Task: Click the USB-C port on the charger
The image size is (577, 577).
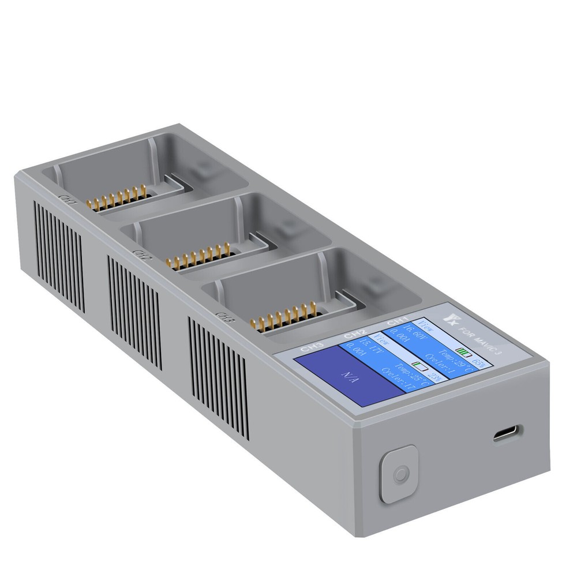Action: pyautogui.click(x=508, y=433)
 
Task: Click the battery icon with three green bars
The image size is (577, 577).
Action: pyautogui.click(x=463, y=350)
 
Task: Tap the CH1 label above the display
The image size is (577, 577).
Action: pyautogui.click(x=398, y=321)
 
